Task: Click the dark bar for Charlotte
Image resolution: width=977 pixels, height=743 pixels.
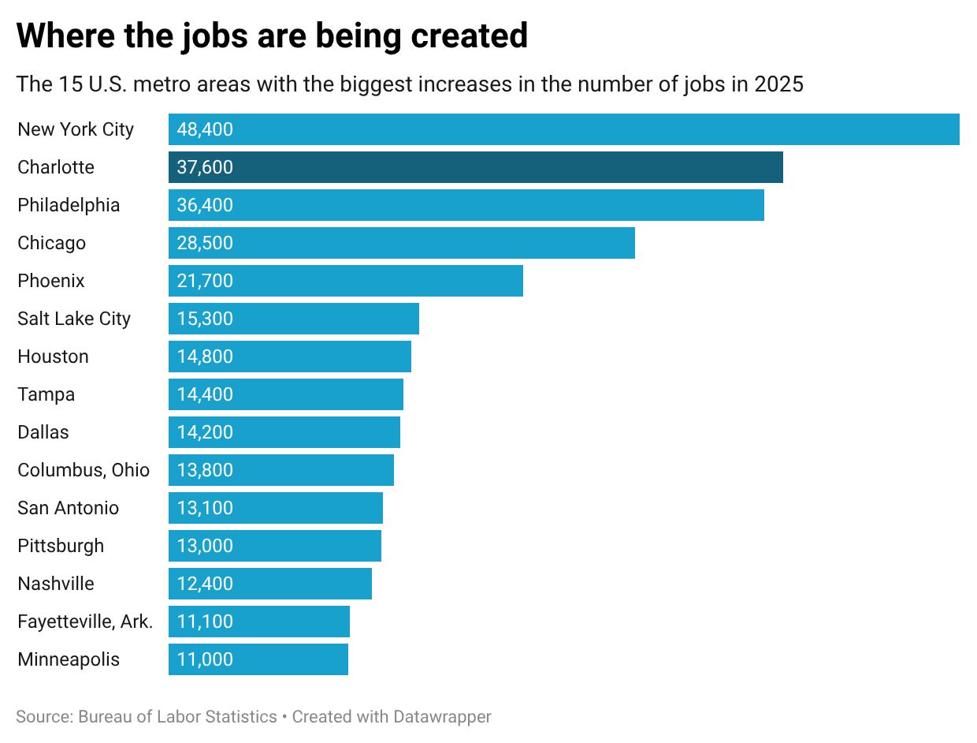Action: click(475, 167)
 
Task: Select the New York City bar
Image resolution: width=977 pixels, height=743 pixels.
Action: click(563, 129)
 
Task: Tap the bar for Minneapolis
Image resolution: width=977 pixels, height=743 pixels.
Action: click(258, 659)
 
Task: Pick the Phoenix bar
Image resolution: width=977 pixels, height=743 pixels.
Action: click(345, 281)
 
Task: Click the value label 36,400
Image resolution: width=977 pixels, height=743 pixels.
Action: click(205, 205)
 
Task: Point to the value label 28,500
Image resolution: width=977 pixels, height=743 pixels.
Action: click(205, 243)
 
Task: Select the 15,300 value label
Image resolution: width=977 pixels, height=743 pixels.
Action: click(205, 319)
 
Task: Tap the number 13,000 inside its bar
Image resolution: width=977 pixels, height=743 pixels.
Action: click(205, 546)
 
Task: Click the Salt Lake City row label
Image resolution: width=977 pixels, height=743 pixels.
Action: click(74, 319)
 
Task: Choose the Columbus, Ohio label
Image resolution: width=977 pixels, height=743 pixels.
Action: click(84, 470)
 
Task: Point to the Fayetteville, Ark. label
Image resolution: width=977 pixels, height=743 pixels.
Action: click(85, 622)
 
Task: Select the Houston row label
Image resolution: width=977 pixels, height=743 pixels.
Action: click(53, 357)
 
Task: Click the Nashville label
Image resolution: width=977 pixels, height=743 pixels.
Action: click(56, 584)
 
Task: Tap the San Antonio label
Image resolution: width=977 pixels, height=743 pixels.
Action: click(68, 508)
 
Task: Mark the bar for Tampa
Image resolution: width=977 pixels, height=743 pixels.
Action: click(285, 394)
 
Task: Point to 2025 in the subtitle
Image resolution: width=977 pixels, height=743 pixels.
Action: click(778, 84)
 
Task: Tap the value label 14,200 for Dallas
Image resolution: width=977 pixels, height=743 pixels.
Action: click(205, 432)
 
